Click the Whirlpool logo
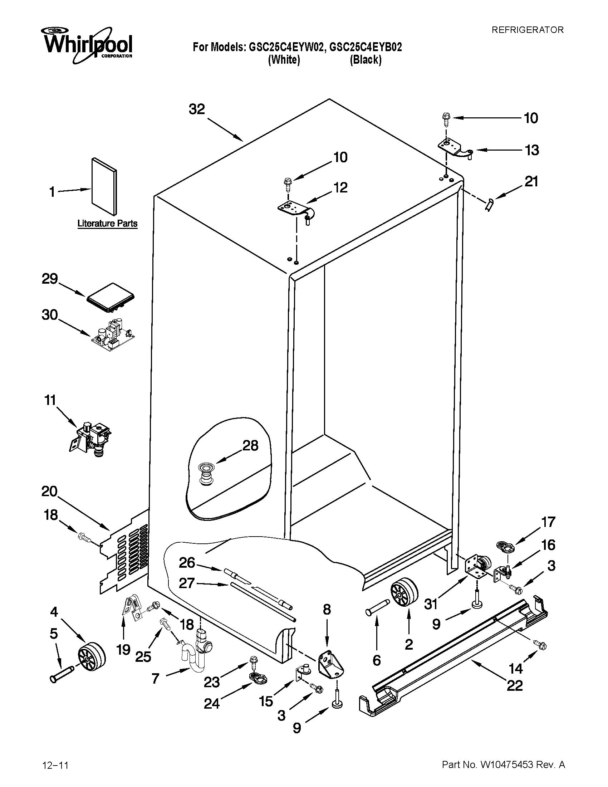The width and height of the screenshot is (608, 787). point(88,44)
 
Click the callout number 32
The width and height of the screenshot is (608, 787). point(197,109)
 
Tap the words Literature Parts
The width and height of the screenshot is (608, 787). point(107,224)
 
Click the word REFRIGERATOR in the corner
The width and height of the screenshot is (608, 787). point(527,30)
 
